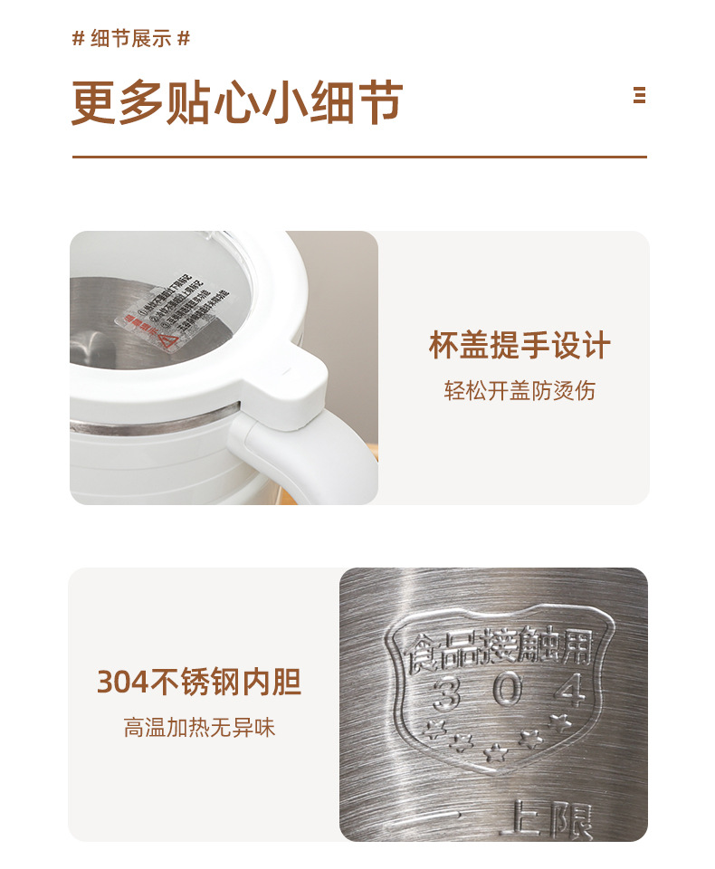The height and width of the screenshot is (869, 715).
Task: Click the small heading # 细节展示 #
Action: pyautogui.click(x=131, y=39)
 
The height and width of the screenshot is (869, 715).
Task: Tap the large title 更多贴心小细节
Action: pyautogui.click(x=237, y=102)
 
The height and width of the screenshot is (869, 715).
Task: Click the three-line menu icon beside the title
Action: pyautogui.click(x=640, y=96)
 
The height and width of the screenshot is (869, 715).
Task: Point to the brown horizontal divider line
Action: pyautogui.click(x=359, y=158)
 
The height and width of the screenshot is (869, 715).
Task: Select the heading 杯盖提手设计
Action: pyautogui.click(x=520, y=346)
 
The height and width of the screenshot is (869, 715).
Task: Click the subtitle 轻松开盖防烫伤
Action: pyautogui.click(x=520, y=391)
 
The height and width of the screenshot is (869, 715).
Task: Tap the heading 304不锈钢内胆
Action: pyautogui.click(x=198, y=682)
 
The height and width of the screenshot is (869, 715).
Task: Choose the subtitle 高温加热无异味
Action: pyautogui.click(x=199, y=727)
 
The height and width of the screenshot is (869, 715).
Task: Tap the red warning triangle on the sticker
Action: pyautogui.click(x=166, y=339)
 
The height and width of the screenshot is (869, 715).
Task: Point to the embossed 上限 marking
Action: pyautogui.click(x=547, y=819)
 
